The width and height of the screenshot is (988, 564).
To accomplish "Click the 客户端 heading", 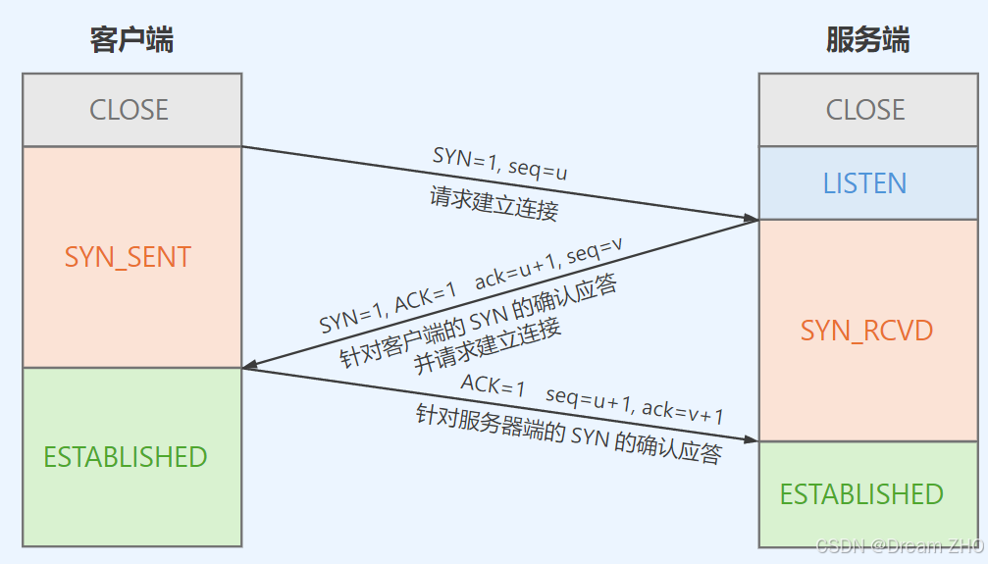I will [x=131, y=40].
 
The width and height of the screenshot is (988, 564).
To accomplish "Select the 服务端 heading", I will [x=867, y=40].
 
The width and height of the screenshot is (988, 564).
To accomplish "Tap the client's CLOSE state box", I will [x=130, y=110].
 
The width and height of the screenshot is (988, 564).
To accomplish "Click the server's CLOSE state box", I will [x=866, y=110].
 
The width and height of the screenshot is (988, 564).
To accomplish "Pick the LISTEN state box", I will [x=864, y=183].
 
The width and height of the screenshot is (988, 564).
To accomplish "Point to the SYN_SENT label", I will [x=128, y=257].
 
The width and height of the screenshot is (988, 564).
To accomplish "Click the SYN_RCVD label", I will [x=864, y=331].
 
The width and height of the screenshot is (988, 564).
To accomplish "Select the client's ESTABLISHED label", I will [x=126, y=457].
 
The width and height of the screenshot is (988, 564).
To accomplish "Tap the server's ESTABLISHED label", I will [x=861, y=494].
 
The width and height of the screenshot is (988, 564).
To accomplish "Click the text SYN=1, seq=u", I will [x=499, y=163].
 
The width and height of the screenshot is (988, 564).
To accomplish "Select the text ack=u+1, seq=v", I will [x=548, y=266].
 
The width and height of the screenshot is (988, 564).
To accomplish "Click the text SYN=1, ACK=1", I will [x=388, y=307].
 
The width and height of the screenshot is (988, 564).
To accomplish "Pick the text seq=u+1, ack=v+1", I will [x=635, y=404].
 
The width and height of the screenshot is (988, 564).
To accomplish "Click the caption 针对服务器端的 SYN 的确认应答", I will [x=569, y=434].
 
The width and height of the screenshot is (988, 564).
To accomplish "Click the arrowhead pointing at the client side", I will [x=251, y=367].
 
